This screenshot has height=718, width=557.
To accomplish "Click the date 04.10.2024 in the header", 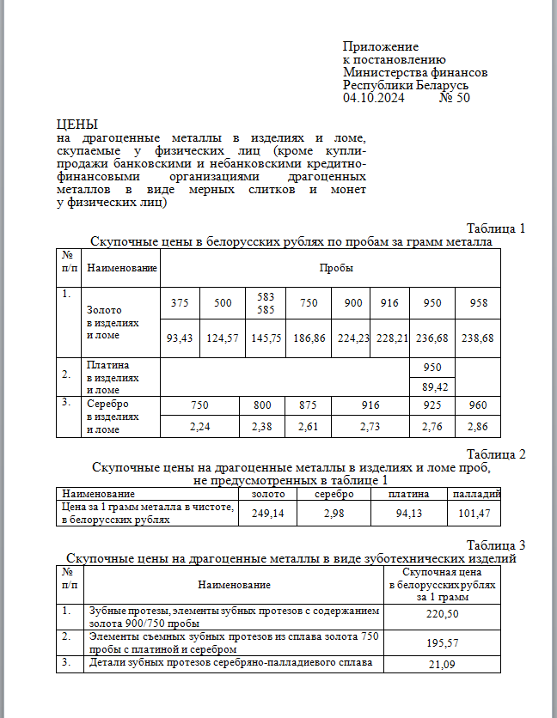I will [x=373, y=98].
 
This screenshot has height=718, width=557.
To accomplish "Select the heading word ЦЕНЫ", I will [x=77, y=125].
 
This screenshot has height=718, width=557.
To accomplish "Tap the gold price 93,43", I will [x=181, y=338].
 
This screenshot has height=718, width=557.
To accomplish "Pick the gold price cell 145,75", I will [x=266, y=338].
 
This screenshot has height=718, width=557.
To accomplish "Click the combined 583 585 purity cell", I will [x=266, y=302].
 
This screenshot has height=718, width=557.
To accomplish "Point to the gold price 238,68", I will [x=477, y=338].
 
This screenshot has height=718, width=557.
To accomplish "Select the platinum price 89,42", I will [x=433, y=387].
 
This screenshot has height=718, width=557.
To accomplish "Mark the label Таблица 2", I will [x=495, y=453].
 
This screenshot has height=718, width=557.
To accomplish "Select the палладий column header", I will [x=474, y=494].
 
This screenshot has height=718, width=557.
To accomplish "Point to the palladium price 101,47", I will [x=474, y=513].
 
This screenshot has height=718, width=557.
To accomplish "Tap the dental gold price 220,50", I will [x=442, y=615].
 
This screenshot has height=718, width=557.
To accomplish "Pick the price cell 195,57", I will [x=442, y=642].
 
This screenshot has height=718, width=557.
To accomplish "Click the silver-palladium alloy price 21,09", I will [x=442, y=664].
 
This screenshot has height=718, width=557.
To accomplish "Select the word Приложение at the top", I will [x=380, y=46].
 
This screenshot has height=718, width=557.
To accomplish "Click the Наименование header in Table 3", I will [x=233, y=584].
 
